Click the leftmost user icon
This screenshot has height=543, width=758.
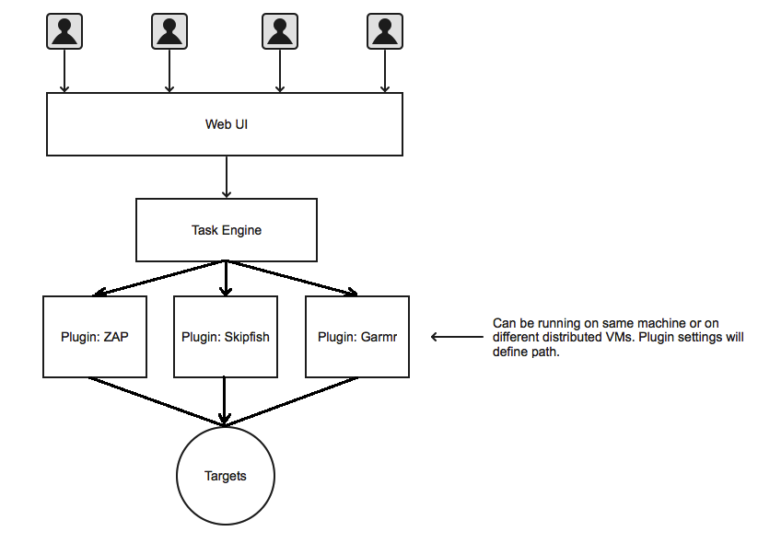tap(64, 31)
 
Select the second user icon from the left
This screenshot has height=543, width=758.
tap(169, 31)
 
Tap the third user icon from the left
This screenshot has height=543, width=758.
tap(280, 31)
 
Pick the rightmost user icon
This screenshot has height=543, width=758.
tap(385, 31)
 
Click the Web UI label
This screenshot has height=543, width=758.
tap(227, 124)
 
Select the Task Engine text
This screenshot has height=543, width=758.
tap(227, 230)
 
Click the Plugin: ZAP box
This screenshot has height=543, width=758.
tap(95, 337)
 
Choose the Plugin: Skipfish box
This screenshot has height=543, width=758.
tap(226, 337)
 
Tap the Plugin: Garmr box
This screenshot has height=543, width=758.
tap(357, 337)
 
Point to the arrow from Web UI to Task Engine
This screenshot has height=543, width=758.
tap(227, 177)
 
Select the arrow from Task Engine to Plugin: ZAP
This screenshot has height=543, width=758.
tap(160, 278)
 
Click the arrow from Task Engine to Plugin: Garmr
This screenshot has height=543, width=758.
tap(291, 278)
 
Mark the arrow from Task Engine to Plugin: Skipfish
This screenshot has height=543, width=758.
tap(226, 278)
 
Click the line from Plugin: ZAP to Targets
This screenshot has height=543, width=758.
tap(157, 402)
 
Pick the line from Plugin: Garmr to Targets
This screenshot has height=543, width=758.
tap(292, 402)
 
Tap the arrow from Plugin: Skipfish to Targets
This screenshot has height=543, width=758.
tap(225, 401)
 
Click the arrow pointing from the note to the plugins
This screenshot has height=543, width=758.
tap(457, 337)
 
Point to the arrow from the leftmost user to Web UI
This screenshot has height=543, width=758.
tap(64, 71)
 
